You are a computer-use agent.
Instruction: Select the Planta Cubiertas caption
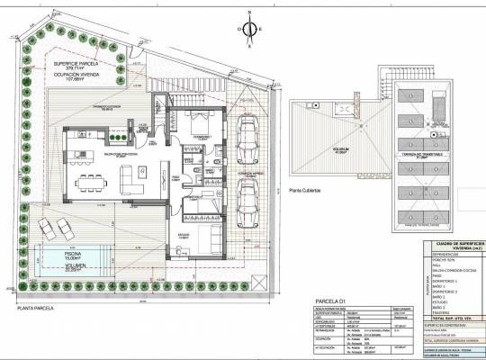click(308, 190)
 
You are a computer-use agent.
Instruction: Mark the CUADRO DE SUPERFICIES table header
click(459, 243)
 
